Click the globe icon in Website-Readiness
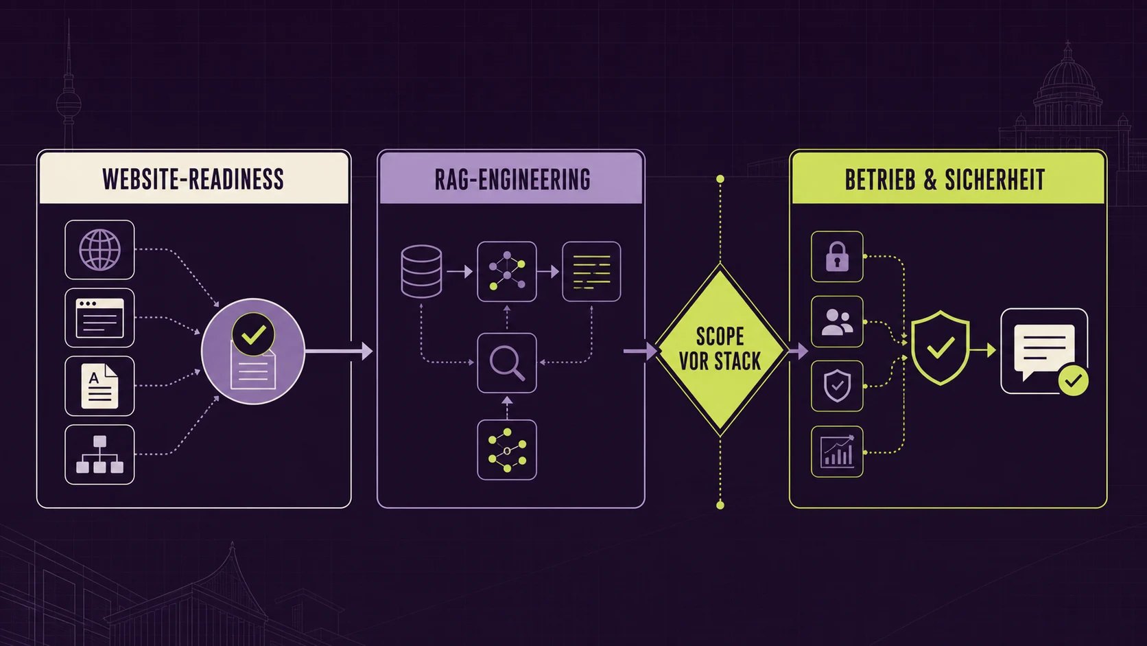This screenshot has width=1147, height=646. pyautogui.click(x=100, y=250)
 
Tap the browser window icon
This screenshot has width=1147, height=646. pyautogui.click(x=100, y=318)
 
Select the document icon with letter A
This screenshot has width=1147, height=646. pyautogui.click(x=100, y=387)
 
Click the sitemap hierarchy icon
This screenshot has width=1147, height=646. pyautogui.click(x=100, y=454)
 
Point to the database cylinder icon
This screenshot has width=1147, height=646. pyautogui.click(x=421, y=272)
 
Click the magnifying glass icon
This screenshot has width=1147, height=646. pyautogui.click(x=507, y=363)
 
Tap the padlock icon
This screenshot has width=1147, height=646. pyautogui.click(x=837, y=257)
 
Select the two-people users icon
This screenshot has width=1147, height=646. pyautogui.click(x=837, y=322)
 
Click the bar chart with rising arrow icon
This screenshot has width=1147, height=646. pyautogui.click(x=837, y=452)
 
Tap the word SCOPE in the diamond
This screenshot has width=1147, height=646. pyautogui.click(x=720, y=337)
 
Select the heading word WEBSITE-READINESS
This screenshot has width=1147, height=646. pyautogui.click(x=193, y=179)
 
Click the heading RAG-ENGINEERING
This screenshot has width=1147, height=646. pyautogui.click(x=512, y=180)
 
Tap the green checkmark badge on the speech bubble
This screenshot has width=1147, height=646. pyautogui.click(x=1074, y=380)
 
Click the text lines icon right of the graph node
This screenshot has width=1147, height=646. pyautogui.click(x=591, y=272)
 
